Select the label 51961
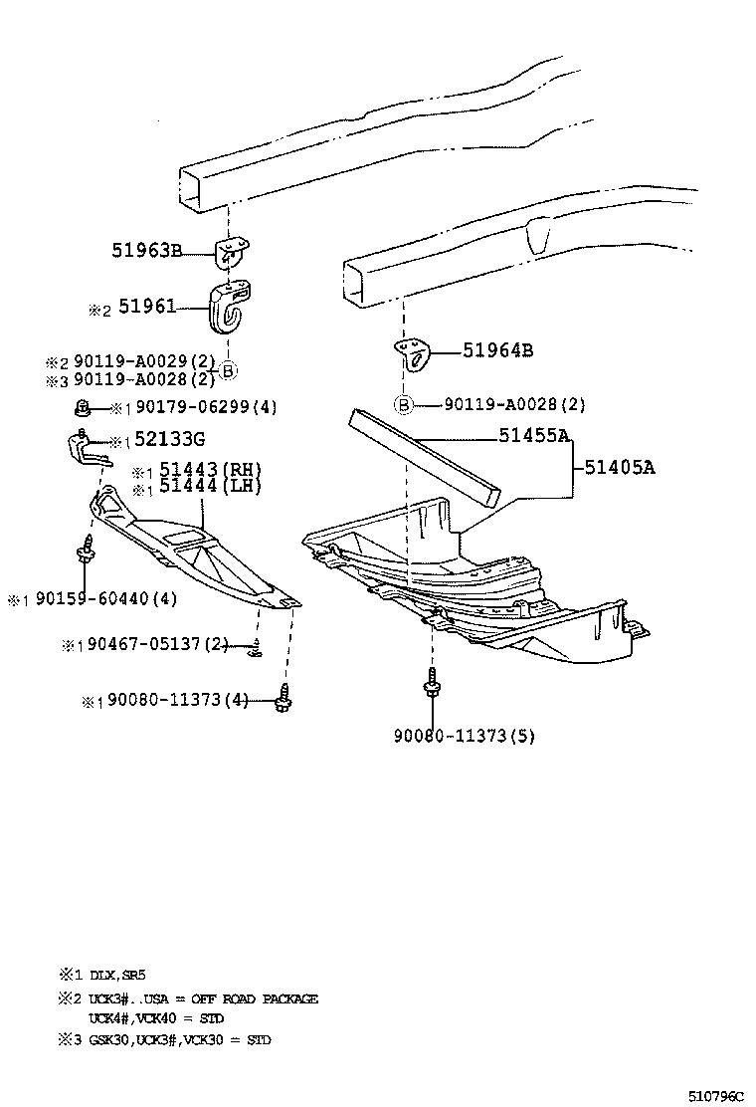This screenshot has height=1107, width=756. click(147, 308)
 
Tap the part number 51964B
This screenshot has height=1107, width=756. click(497, 350)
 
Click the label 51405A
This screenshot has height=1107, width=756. click(619, 466)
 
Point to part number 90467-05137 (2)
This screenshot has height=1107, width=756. click(158, 645)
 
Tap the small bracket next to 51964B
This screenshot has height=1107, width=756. click(411, 352)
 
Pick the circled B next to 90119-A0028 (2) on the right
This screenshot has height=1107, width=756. click(404, 404)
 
